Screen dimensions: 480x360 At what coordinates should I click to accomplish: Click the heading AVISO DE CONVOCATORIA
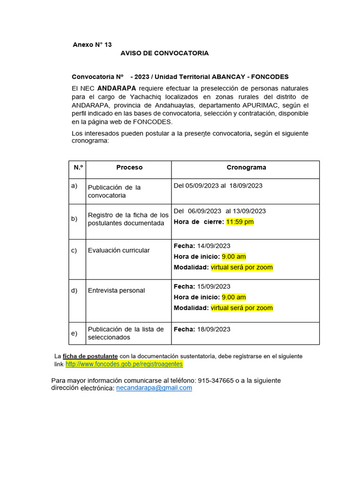point(165,53)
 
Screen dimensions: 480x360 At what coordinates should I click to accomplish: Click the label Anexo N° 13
point(92,45)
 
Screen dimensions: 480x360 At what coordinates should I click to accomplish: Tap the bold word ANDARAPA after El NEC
point(117,88)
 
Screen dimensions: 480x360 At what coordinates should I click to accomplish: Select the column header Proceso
point(129,167)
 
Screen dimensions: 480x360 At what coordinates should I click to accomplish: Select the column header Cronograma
point(246,167)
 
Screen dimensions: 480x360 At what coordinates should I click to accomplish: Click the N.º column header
point(78,167)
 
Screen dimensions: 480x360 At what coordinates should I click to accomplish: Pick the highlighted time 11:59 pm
point(240,222)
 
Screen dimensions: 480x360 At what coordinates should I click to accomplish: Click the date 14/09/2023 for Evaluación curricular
point(214,246)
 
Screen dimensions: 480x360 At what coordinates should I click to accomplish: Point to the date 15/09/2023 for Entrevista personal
point(214,286)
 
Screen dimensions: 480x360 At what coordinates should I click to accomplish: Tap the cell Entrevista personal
point(116,291)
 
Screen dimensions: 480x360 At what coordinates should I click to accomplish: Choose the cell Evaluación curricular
point(119,250)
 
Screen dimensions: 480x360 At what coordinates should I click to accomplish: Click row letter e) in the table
point(74,333)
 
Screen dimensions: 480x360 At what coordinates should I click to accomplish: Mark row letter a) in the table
point(74,186)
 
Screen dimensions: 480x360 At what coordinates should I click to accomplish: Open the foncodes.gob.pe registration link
point(124,364)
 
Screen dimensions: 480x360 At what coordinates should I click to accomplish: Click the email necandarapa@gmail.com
point(154,388)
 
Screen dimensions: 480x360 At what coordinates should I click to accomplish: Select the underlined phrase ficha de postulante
point(90,356)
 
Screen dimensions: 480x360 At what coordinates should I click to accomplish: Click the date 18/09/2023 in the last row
point(214,329)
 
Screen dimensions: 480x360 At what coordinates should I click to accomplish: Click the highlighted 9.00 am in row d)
point(233,297)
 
